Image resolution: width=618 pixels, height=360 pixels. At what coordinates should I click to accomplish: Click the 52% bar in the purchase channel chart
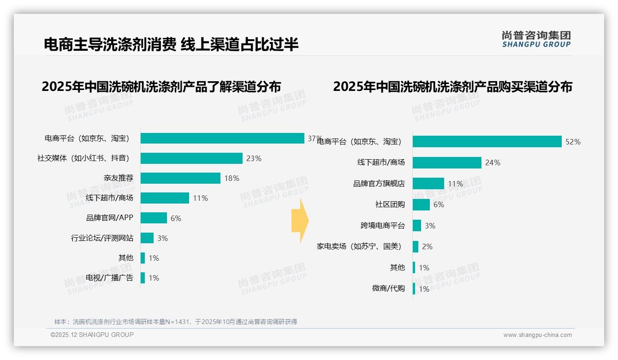coord(487,142)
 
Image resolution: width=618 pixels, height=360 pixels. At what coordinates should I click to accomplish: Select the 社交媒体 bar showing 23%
coord(191,158)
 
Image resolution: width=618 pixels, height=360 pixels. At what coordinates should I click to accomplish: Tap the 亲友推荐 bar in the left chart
coord(180,178)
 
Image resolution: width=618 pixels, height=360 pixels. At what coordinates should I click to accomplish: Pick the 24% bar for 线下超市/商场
coord(447,162)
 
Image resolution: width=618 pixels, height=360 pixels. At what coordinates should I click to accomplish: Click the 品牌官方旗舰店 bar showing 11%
coord(428,184)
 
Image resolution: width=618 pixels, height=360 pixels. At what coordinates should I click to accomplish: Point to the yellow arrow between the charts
coord(300,221)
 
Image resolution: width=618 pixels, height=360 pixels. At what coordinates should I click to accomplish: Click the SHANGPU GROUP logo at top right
coord(536,39)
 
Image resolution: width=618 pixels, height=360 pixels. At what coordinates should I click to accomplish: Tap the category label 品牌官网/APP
coord(110,218)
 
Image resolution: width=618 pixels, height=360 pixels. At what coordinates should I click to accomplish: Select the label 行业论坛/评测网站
coord(102,238)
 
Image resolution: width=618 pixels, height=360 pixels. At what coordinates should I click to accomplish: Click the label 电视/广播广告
coord(109,278)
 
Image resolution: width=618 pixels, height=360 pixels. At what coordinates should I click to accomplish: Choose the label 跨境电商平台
coord(382,226)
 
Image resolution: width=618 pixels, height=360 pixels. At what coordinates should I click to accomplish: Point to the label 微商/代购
coord(388,288)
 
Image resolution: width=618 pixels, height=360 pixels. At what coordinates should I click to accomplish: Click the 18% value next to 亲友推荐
coord(232,178)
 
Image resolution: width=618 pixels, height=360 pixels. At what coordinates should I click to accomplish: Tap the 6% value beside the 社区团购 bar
coord(439,204)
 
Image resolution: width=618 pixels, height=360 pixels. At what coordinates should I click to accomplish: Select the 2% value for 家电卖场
coord(427,246)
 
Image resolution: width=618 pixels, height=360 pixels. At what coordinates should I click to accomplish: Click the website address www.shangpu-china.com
coord(537,335)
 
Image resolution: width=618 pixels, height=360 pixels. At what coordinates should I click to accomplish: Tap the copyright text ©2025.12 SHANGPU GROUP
coord(92,335)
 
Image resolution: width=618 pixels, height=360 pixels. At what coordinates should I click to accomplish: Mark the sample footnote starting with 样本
coord(175,322)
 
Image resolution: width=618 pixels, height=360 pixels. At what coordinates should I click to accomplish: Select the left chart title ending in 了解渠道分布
coord(161,87)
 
